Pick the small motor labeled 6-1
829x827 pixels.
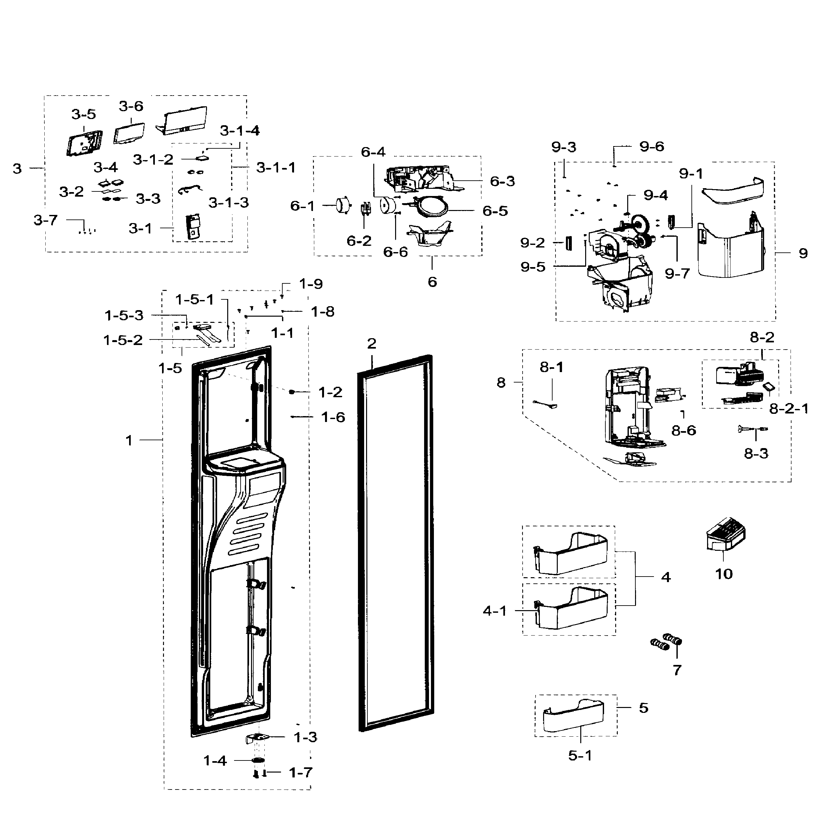(x=342, y=205)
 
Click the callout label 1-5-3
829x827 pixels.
(x=124, y=315)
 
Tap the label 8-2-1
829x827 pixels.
(x=788, y=409)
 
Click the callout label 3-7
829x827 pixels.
(x=46, y=220)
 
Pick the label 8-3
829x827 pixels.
(x=756, y=454)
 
